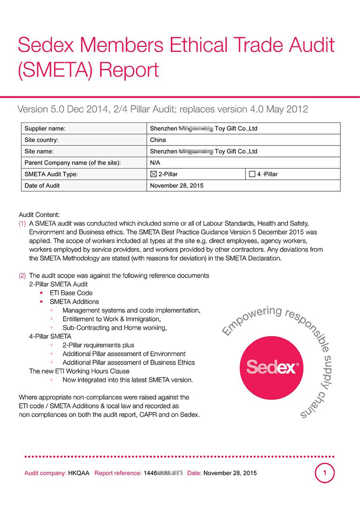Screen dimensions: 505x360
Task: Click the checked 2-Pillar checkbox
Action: (x=153, y=174)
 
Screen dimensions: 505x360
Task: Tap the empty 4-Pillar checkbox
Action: (x=252, y=174)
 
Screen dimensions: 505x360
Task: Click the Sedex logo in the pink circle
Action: (x=271, y=367)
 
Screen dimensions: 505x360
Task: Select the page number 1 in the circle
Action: (x=325, y=473)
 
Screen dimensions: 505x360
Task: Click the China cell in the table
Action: (x=158, y=140)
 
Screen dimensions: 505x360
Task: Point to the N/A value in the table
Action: (x=155, y=163)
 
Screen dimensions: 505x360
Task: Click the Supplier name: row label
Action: (x=45, y=128)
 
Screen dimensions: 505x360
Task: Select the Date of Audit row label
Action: (x=42, y=186)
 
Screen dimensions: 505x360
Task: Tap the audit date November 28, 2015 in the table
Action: (x=176, y=186)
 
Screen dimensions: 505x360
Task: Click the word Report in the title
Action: (x=129, y=70)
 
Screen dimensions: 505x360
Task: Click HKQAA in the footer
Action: (x=78, y=473)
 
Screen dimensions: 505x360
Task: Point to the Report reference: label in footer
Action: (x=118, y=473)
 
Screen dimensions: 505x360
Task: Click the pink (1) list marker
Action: (x=22, y=223)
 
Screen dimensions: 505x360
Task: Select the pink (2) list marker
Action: (x=22, y=276)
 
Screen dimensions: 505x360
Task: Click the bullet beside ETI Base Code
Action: (x=41, y=293)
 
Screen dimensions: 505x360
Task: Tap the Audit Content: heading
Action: (x=39, y=215)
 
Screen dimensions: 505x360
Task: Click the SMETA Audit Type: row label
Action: (x=51, y=174)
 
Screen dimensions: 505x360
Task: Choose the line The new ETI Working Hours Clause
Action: (x=79, y=371)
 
